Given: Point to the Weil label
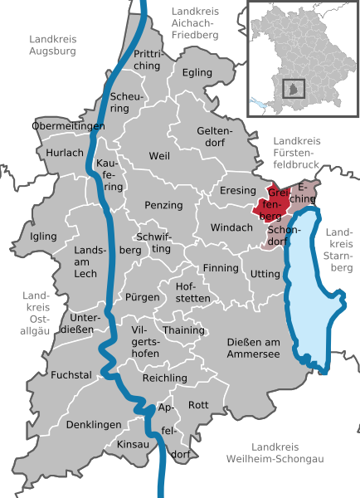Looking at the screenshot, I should coord(158,156).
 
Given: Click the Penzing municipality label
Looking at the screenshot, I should coord(163,204).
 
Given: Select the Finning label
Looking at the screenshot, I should coord(221,268).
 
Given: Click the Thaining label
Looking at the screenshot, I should coord(184,330).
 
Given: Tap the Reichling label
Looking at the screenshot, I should coord(165,378).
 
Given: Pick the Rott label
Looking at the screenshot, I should coord(198,404).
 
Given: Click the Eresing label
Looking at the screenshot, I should coord(238,190).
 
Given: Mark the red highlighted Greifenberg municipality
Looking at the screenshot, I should coord(272,203).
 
